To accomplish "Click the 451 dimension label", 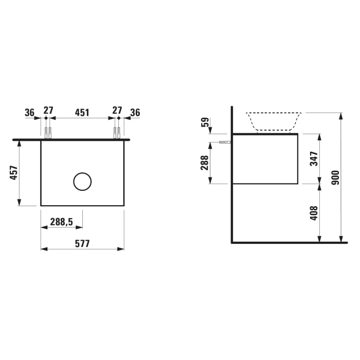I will [x=82, y=112].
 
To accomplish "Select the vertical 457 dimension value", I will [x=14, y=173].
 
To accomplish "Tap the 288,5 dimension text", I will [x=61, y=222].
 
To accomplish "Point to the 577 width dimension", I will [x=82, y=244].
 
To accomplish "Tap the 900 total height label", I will [x=335, y=178].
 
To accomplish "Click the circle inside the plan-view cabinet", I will [x=82, y=181].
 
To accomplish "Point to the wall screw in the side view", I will [x=224, y=142].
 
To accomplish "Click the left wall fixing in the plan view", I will [x=48, y=132].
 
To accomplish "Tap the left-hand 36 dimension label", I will [x=30, y=112].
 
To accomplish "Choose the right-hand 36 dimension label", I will [x=135, y=112].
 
